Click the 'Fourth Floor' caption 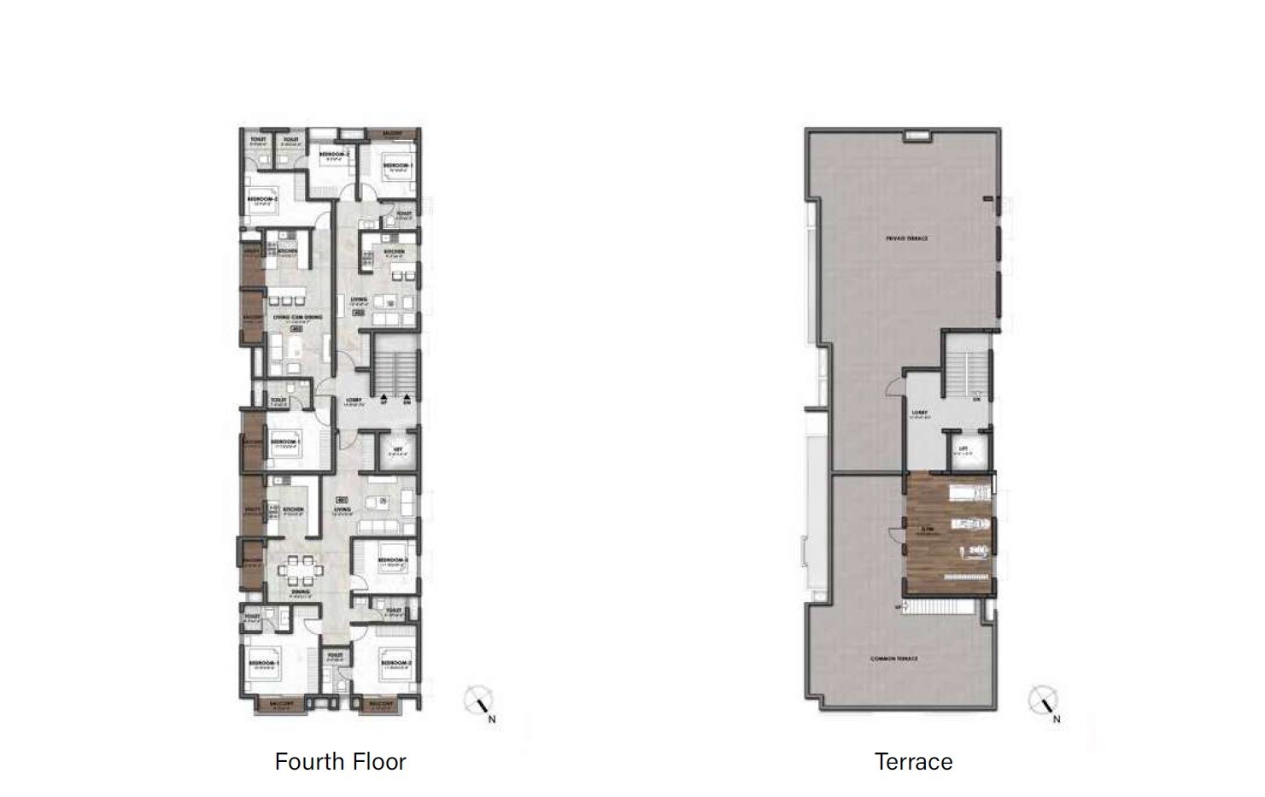[340, 761]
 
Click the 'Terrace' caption [913, 761]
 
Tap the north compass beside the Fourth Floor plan [477, 702]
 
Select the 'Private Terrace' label [906, 238]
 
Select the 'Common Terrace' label [893, 659]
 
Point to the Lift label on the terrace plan [963, 448]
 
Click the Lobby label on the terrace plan [919, 413]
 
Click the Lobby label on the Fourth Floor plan [353, 400]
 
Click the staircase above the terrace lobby [967, 367]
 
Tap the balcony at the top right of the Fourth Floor [392, 134]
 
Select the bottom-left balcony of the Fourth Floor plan [281, 705]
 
